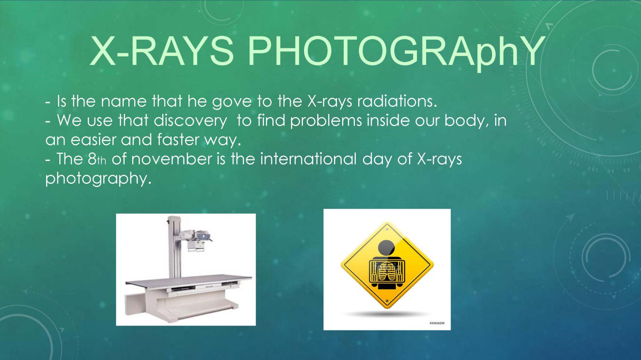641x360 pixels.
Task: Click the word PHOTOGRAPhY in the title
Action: (x=396, y=52)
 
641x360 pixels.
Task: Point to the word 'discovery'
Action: (x=190, y=121)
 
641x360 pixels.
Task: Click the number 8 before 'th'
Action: (x=92, y=159)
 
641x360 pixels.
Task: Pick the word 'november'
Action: (x=172, y=159)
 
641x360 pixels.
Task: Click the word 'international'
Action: (x=308, y=159)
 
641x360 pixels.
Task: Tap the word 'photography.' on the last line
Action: (x=98, y=179)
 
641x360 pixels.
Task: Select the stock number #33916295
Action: (x=437, y=323)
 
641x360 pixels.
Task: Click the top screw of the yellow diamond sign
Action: (x=387, y=229)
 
